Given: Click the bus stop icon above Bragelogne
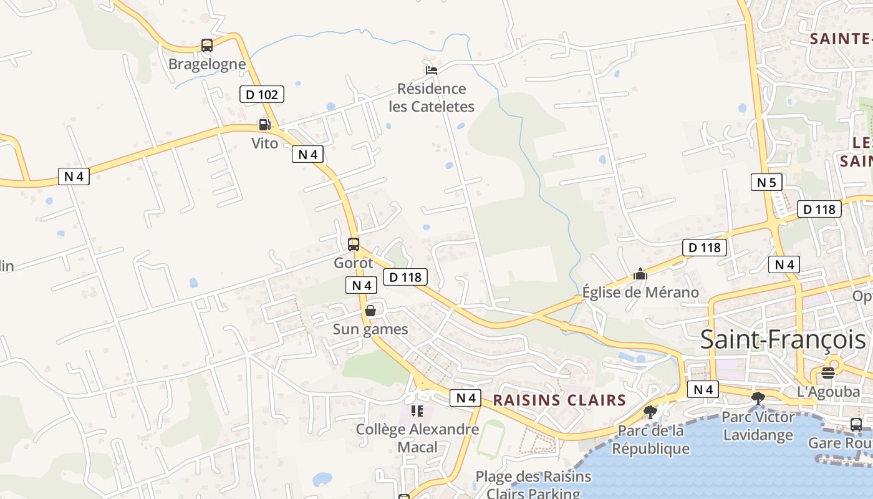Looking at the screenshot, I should [207, 46].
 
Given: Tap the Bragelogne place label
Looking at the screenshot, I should [207, 64].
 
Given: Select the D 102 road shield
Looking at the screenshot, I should [262, 95].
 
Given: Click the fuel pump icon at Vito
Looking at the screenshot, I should [264, 125].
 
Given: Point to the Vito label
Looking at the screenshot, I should [264, 143].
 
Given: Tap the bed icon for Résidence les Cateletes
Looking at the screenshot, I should [431, 70].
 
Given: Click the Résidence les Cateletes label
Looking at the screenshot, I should [432, 97].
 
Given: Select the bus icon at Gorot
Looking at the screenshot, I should [354, 245].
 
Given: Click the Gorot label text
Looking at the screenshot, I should [354, 263].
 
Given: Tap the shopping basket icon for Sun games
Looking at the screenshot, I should [370, 311].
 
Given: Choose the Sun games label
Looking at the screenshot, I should [370, 329].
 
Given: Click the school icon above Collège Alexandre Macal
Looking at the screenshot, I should [417, 411].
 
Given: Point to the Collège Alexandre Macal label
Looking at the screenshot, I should [417, 438].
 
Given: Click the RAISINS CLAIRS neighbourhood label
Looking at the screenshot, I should [559, 400].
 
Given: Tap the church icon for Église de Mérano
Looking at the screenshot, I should [640, 274].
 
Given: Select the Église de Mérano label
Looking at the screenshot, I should [640, 292].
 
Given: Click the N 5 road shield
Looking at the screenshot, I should [766, 182].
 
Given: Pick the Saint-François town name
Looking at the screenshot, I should [783, 340].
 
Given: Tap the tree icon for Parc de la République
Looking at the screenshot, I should [650, 412].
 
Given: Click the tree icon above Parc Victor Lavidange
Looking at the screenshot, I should [758, 399].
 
